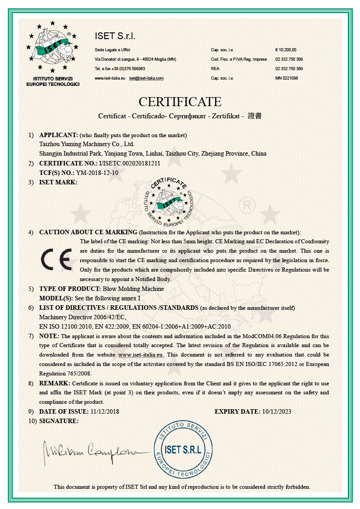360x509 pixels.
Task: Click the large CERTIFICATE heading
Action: pos(180,101)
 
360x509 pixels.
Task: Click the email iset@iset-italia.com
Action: pos(146,78)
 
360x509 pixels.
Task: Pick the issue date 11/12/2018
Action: pos(105,411)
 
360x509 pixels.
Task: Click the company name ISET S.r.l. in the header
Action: pos(115,36)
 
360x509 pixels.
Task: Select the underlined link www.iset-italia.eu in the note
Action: pos(141,354)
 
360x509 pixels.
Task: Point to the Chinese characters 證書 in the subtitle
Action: pos(255,116)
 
